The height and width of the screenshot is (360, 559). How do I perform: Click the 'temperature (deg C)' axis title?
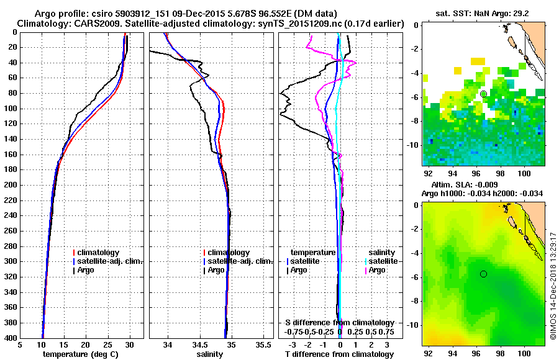80,354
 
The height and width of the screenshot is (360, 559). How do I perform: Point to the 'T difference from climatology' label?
339,354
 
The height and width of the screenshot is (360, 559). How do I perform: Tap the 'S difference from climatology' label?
340,323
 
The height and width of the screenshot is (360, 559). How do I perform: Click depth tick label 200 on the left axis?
11,185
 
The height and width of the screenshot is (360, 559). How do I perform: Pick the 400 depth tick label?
11,338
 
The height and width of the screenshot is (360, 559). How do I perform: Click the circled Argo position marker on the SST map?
483,93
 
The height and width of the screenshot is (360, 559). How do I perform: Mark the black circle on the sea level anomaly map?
483,274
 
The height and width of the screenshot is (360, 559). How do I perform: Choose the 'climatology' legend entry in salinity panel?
229,253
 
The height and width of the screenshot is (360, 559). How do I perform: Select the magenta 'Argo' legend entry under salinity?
378,270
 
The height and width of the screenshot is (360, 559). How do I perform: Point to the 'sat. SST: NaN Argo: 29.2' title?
485,13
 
